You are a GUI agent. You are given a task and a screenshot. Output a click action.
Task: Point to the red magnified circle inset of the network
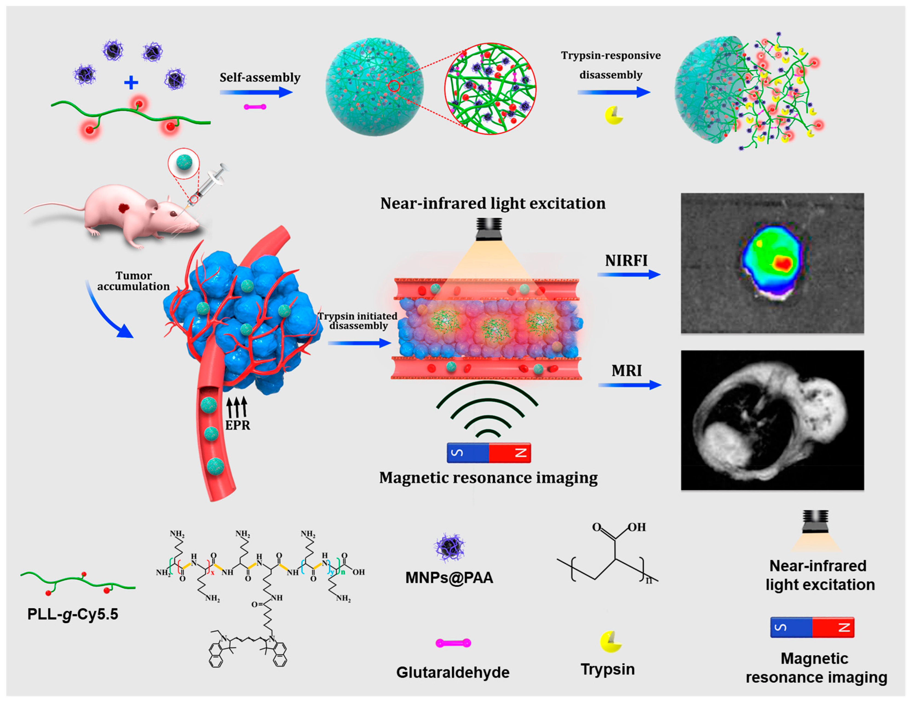[490, 88]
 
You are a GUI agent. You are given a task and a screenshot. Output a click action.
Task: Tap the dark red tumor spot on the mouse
[124, 208]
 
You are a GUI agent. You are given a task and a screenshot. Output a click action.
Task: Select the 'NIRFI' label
[626, 261]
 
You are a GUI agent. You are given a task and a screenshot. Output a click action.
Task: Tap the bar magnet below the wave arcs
[489, 453]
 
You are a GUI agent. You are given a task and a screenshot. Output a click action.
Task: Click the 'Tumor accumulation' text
[133, 281]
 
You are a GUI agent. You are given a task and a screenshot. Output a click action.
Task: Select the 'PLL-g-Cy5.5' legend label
[73, 614]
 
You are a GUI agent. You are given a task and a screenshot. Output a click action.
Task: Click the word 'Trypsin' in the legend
[607, 669]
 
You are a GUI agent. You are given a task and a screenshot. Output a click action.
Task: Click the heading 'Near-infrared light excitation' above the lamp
[492, 204]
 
